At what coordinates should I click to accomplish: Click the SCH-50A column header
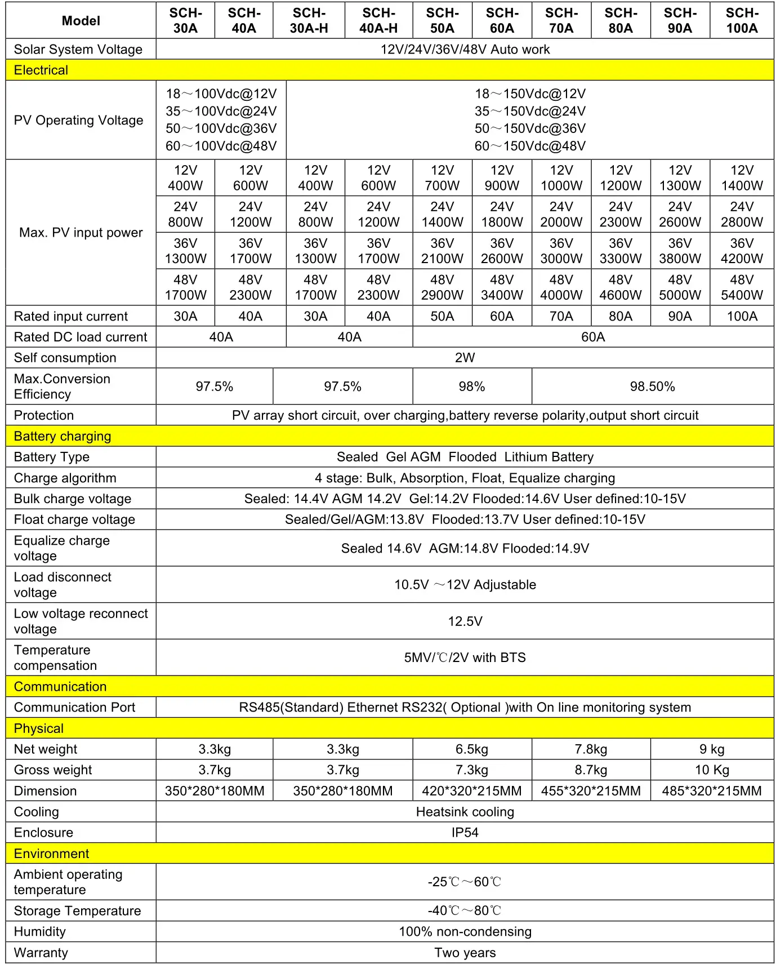click(442, 20)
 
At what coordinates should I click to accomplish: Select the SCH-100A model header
click(742, 20)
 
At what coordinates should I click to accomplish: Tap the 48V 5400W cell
click(742, 287)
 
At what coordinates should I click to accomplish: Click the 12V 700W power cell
click(442, 178)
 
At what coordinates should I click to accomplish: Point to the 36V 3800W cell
click(680, 251)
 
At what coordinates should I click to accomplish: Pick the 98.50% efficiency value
click(652, 387)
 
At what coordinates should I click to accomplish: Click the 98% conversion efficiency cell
click(472, 387)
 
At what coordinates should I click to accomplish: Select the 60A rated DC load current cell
click(593, 337)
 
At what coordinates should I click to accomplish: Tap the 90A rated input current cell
click(680, 316)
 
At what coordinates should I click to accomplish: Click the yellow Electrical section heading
click(41, 70)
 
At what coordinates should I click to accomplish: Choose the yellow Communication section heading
click(60, 687)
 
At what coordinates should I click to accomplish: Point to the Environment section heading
click(51, 854)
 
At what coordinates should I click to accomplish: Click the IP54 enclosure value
click(465, 833)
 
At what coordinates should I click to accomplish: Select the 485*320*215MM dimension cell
click(712, 791)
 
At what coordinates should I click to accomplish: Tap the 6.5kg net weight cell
click(472, 749)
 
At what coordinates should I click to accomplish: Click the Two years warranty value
click(465, 953)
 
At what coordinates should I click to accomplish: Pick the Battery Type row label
click(52, 457)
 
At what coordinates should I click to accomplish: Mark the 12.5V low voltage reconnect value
click(465, 621)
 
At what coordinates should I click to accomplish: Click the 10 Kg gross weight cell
click(712, 770)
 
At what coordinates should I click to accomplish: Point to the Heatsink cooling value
click(465, 812)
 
